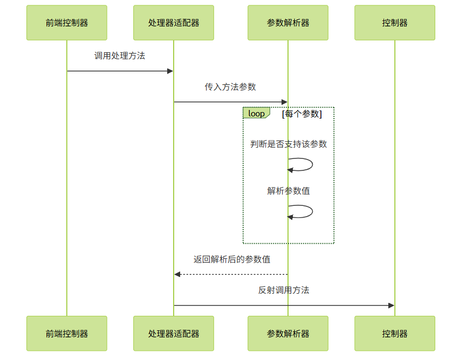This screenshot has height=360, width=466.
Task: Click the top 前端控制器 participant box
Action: [x=67, y=23]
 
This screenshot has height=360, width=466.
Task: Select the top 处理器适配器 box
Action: [x=174, y=23]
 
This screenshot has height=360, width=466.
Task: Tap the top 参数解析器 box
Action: [x=288, y=23]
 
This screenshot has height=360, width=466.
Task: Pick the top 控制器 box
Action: [x=395, y=23]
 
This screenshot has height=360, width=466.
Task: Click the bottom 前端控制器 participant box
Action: [x=67, y=334]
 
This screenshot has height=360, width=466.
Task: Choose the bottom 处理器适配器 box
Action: [x=174, y=334]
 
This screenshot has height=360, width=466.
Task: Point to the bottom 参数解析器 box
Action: [x=288, y=334]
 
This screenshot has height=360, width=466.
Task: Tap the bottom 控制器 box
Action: [x=395, y=334]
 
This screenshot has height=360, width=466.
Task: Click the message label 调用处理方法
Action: [x=120, y=56]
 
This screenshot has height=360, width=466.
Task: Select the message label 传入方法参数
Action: [x=230, y=87]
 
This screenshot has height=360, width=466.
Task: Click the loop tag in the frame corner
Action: [x=256, y=113]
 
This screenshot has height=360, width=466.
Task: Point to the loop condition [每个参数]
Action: [x=301, y=114]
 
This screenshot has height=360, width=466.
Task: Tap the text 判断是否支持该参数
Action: [x=289, y=144]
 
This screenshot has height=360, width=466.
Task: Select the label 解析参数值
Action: [x=289, y=191]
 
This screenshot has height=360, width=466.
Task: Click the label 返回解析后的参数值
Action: [x=232, y=259]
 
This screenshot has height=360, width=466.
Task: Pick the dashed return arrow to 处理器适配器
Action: [x=231, y=274]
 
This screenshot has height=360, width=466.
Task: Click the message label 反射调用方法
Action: [x=284, y=290]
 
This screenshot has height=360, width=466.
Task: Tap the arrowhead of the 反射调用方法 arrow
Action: [x=392, y=306]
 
